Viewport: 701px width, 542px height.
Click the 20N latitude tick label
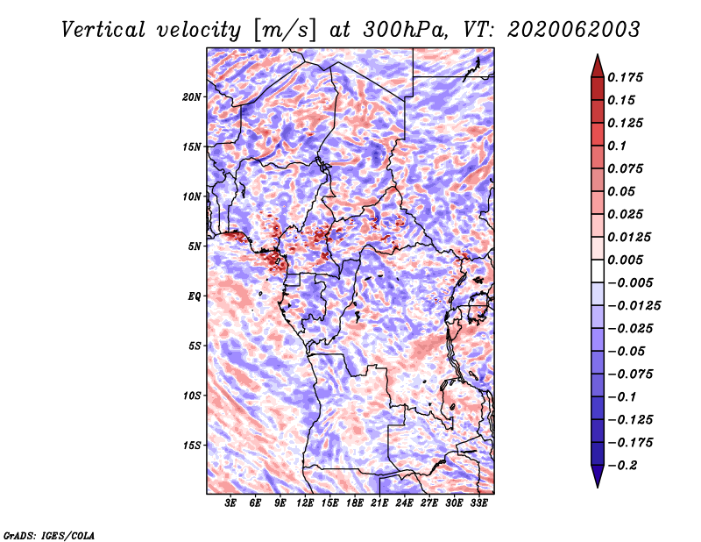(192, 97)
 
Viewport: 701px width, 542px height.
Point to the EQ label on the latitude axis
(194, 296)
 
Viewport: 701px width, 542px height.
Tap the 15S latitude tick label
(192, 446)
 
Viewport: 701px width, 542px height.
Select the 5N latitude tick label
(195, 246)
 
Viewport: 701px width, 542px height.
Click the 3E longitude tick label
(230, 503)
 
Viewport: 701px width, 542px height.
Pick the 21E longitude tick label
(379, 503)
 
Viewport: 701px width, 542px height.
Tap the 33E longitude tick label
(478, 503)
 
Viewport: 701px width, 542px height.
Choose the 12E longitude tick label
(304, 503)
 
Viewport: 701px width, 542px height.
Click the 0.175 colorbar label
(625, 77)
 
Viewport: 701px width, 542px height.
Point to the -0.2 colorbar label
(622, 466)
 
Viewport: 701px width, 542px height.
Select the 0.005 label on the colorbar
(625, 260)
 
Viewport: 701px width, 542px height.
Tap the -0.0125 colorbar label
(634, 306)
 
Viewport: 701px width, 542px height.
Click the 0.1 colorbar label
(617, 146)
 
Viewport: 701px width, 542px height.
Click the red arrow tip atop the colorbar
(598, 54)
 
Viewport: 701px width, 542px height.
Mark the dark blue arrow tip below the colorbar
(598, 487)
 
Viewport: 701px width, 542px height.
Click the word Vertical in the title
(103, 30)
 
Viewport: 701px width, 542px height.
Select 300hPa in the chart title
(405, 30)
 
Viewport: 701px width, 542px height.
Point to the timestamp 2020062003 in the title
(574, 30)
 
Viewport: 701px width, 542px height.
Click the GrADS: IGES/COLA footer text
(49, 535)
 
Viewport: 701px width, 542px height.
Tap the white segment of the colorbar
(598, 271)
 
